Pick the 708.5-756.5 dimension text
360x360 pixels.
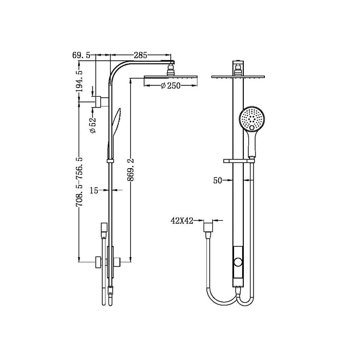click(x=79, y=183)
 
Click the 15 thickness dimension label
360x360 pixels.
click(x=94, y=190)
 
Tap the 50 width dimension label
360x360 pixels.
click(x=218, y=180)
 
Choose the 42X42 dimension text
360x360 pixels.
click(x=182, y=221)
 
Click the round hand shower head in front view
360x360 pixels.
click(x=253, y=119)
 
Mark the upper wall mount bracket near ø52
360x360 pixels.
click(x=99, y=100)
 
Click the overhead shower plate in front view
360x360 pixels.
click(x=238, y=77)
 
